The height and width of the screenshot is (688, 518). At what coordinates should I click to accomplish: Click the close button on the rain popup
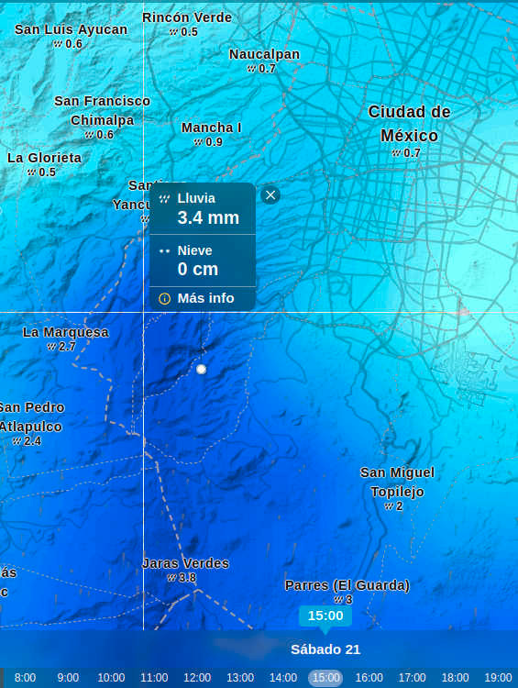tap(270, 194)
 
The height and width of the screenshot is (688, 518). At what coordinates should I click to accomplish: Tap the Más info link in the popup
tap(205, 298)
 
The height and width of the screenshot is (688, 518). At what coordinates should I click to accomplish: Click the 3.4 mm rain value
tap(208, 217)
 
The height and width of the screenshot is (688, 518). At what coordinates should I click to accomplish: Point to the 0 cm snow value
tap(198, 269)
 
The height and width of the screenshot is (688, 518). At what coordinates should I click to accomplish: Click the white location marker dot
tap(202, 369)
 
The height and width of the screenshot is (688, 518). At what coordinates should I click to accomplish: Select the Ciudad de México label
tap(409, 124)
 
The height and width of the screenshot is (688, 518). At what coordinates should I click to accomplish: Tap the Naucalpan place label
tap(264, 54)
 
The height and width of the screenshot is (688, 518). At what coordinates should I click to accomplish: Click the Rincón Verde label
tap(187, 17)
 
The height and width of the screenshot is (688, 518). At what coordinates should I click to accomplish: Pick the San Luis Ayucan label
tap(71, 29)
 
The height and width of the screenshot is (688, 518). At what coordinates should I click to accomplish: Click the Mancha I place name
tap(211, 128)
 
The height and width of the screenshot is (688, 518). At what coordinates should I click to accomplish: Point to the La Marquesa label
tap(65, 332)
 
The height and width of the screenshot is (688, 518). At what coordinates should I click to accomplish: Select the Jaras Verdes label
tap(185, 563)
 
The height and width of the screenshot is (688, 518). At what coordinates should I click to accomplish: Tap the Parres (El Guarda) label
tap(347, 585)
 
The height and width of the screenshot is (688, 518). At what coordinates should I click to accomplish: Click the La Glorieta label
tap(44, 158)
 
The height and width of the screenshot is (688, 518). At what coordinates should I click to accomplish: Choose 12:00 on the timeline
tap(197, 678)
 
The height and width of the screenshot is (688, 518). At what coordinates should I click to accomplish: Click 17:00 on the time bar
tap(412, 678)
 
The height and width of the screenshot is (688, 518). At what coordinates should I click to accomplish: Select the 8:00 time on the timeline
tap(25, 678)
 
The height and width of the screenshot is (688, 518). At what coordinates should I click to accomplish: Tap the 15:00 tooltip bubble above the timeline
tap(325, 616)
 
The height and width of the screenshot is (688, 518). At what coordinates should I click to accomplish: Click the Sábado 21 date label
tap(325, 649)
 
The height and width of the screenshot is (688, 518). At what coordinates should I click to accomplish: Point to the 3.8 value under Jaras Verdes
tap(186, 578)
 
